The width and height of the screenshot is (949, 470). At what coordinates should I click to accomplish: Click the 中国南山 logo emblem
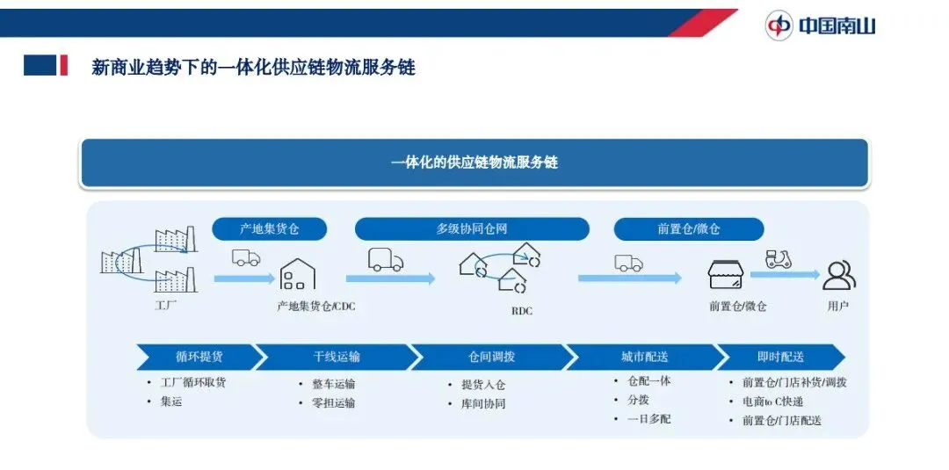click(x=778, y=25)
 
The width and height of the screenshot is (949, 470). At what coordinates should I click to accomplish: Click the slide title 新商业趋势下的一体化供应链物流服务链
click(x=253, y=67)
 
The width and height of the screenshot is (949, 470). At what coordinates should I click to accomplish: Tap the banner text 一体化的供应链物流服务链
click(x=474, y=163)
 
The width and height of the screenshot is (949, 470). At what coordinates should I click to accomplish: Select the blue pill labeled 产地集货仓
click(x=270, y=229)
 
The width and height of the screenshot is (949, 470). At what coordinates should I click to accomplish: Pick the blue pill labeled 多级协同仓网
click(x=472, y=229)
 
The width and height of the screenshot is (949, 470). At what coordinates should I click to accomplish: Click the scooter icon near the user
click(x=779, y=259)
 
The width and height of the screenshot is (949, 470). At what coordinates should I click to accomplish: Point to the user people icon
click(x=838, y=276)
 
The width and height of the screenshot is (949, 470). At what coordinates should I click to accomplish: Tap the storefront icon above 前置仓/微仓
click(x=726, y=275)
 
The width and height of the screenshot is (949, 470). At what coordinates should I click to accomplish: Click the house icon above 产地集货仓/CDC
click(x=298, y=274)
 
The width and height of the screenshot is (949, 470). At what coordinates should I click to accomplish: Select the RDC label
click(x=521, y=311)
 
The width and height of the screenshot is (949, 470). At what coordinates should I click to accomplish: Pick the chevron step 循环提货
click(x=199, y=357)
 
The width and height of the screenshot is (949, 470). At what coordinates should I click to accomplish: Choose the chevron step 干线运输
click(x=337, y=357)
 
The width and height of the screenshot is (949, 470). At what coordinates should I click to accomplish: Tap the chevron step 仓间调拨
click(x=490, y=357)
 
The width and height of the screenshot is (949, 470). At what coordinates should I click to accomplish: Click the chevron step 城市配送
click(x=644, y=357)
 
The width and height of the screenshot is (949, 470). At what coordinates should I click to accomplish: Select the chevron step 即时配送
click(x=780, y=357)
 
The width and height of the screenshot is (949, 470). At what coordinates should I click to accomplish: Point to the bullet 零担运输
click(x=333, y=403)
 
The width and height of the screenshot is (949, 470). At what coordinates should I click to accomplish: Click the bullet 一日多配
click(x=648, y=419)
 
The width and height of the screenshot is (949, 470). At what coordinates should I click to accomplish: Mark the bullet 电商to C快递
click(x=772, y=401)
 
